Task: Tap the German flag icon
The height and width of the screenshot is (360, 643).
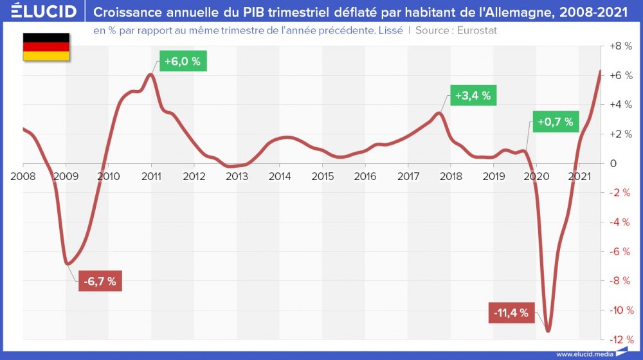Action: [x=46, y=47]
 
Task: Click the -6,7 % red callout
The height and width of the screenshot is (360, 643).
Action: [x=100, y=282]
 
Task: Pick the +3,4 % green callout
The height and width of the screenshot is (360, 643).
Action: [x=473, y=96]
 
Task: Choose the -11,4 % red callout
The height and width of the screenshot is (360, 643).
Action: [x=511, y=313]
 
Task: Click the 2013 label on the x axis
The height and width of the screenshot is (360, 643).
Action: [x=237, y=176]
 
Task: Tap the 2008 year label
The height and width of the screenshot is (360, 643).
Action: [x=23, y=176]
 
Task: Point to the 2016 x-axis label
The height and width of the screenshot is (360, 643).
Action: [x=365, y=176]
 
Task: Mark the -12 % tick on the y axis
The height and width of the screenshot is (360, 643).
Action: [x=619, y=339]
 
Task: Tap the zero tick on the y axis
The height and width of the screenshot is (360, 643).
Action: [x=614, y=163]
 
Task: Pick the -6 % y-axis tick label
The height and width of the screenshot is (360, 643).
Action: [x=619, y=251]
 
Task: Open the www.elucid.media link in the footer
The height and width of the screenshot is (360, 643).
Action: [x=584, y=354]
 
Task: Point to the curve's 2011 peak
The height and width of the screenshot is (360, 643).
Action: [x=150, y=75]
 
